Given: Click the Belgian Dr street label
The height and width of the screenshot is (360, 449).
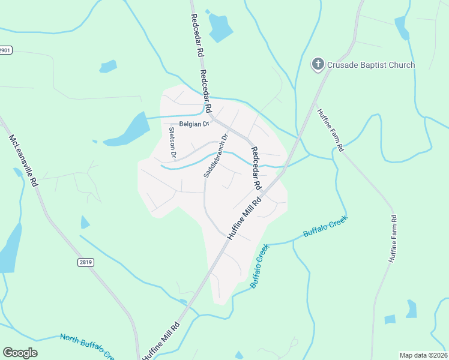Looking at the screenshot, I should (x=193, y=124).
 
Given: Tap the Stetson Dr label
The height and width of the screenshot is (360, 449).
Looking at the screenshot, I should (x=172, y=142).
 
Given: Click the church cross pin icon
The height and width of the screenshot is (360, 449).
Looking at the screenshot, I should (x=318, y=64).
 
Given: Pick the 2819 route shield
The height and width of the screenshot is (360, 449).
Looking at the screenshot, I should (x=86, y=262).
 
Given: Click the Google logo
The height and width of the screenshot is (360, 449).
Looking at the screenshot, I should (x=20, y=352).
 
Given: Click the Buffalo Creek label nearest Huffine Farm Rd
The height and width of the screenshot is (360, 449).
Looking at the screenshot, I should (x=325, y=227).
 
